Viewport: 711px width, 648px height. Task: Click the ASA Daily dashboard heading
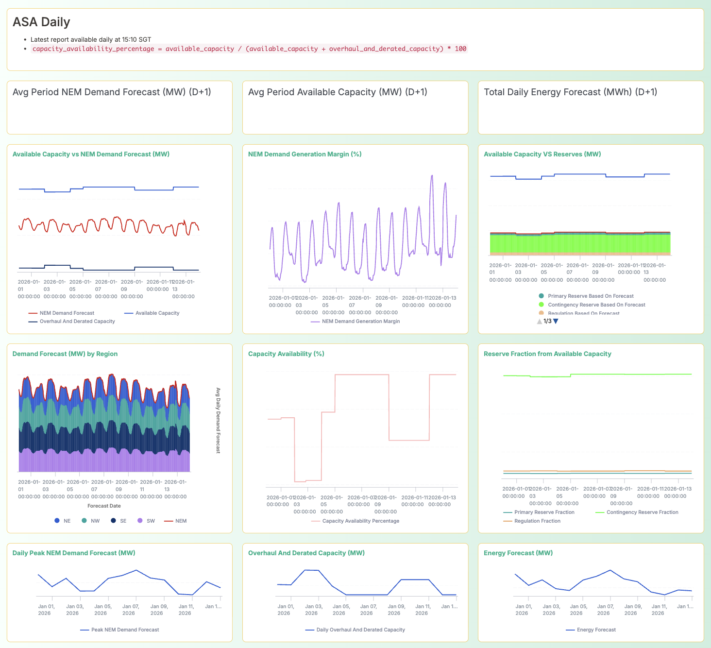coord(41,22)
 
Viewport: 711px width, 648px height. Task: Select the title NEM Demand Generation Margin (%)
coord(305,154)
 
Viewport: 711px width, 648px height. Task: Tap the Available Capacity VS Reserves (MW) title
coord(542,154)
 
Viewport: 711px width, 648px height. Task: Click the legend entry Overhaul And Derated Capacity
coord(77,321)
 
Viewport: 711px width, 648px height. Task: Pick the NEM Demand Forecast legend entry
coord(67,313)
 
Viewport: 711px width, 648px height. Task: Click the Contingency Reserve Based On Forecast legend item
coord(596,305)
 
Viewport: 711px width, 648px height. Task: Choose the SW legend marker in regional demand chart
coord(140,521)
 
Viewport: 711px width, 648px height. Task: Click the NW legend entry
coord(95,521)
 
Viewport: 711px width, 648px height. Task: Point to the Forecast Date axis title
coord(104,506)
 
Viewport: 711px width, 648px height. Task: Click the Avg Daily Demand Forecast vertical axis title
coord(218,421)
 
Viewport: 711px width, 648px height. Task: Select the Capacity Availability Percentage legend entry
coord(360,521)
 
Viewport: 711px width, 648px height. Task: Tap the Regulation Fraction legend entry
coord(537,521)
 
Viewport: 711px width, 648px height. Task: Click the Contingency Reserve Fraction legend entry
coord(642,512)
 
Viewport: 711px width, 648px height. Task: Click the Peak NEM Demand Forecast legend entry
coord(125,630)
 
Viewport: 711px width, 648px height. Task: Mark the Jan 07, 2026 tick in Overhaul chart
coord(366,610)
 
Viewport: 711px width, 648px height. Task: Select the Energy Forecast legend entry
coord(596,630)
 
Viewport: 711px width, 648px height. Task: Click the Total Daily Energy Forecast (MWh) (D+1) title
coord(570,92)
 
